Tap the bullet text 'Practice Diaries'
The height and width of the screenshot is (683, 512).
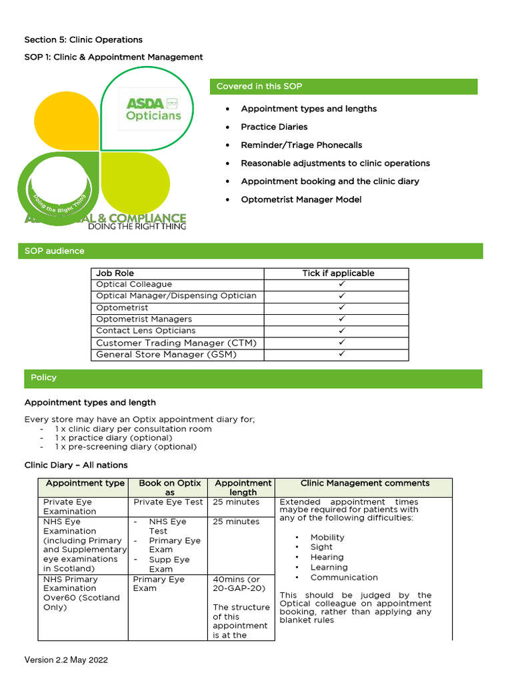274,127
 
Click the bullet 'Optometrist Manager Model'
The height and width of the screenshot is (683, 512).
301,199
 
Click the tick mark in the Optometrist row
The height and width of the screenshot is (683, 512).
341,307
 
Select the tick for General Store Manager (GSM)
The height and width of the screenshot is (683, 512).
341,354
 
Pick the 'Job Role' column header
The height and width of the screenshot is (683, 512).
115,273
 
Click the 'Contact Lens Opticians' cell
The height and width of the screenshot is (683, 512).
146,331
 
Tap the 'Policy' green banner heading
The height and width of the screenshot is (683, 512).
44,378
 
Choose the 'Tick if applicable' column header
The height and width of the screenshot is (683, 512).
338,273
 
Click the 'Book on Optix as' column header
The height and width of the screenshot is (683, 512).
169,488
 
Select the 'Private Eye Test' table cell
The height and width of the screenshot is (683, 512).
169,502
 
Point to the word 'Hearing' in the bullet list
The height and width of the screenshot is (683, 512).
327,557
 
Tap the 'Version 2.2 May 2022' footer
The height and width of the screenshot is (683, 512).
66,660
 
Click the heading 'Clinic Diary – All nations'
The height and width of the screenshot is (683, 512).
76,465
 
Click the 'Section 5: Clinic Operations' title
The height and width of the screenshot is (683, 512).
83,39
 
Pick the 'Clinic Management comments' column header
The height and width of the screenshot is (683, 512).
365,483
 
